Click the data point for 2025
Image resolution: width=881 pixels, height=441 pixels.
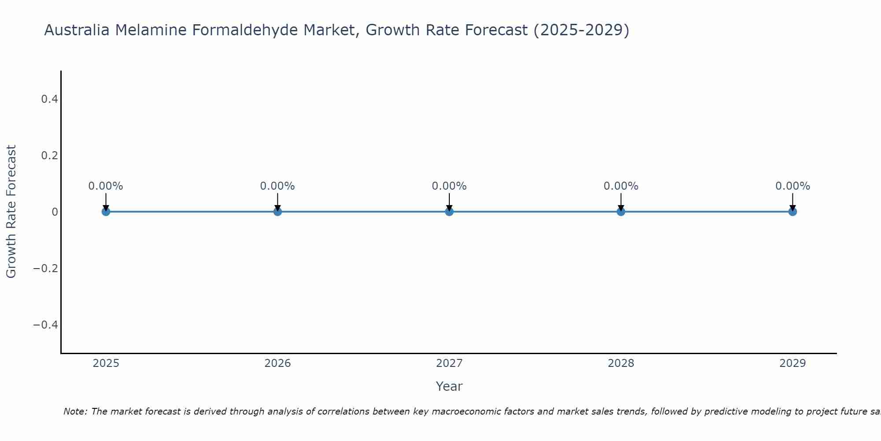click(x=106, y=212)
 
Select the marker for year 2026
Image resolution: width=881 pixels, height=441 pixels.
click(x=278, y=212)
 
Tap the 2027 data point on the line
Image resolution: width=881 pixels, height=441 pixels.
click(x=449, y=212)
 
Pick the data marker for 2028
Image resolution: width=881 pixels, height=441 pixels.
click(x=621, y=212)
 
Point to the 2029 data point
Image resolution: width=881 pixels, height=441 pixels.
click(x=792, y=212)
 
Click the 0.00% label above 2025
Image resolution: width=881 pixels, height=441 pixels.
click(x=106, y=186)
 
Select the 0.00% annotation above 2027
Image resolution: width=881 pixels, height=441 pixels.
click(x=449, y=186)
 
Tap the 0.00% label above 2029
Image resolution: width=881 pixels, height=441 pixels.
click(x=792, y=186)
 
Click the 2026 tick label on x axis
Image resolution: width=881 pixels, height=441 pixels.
click(x=278, y=363)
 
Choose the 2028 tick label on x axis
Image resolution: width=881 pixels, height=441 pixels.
click(x=621, y=363)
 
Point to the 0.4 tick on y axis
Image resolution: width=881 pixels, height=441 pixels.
click(x=50, y=99)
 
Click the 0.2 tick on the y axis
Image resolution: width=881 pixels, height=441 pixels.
click(x=50, y=156)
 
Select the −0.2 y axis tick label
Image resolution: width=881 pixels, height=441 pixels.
click(x=46, y=269)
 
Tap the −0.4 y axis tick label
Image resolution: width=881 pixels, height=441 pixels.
click(x=46, y=325)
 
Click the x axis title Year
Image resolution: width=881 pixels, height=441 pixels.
click(x=449, y=386)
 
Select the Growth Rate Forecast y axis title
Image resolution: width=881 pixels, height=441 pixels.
click(x=11, y=212)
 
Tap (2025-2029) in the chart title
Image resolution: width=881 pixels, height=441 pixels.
click(x=581, y=30)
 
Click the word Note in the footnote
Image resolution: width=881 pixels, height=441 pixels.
click(x=75, y=411)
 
